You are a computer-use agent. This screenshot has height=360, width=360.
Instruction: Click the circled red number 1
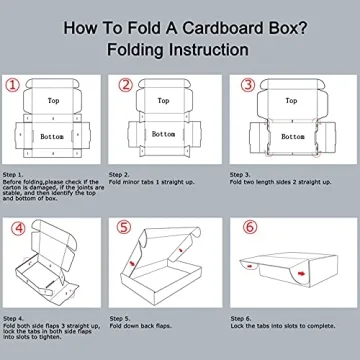point(14,85)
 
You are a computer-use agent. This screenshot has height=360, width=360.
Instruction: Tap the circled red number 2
point(125,85)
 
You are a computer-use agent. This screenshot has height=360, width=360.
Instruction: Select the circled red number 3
point(245,85)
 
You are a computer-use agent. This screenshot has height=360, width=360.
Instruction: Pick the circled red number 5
point(125,228)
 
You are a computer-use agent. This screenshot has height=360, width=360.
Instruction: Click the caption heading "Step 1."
point(15,172)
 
